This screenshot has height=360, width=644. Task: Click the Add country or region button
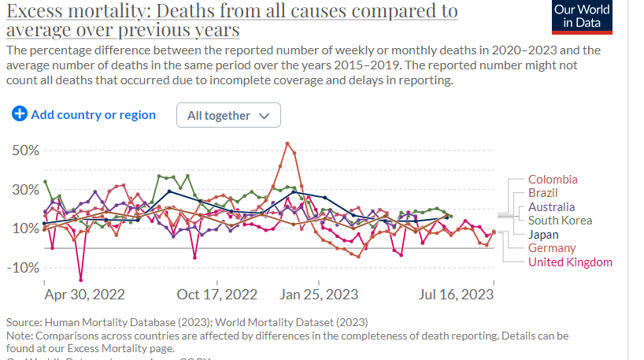coord(84,115)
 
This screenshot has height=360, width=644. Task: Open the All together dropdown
coord(228,116)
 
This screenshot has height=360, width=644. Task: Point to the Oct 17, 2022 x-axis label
coord(217,295)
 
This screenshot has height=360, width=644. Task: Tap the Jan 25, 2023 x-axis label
coord(319,295)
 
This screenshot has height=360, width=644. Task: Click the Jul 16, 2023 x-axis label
coord(456,295)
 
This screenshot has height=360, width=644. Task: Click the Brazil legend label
coord(544,193)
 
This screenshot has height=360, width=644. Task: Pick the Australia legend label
coord(552,207)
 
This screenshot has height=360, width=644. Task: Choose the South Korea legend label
coord(560,221)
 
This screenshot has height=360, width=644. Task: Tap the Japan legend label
coord(543,235)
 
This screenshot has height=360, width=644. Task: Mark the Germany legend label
coord(552,248)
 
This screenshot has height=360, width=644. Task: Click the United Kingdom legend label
coord(570,262)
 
